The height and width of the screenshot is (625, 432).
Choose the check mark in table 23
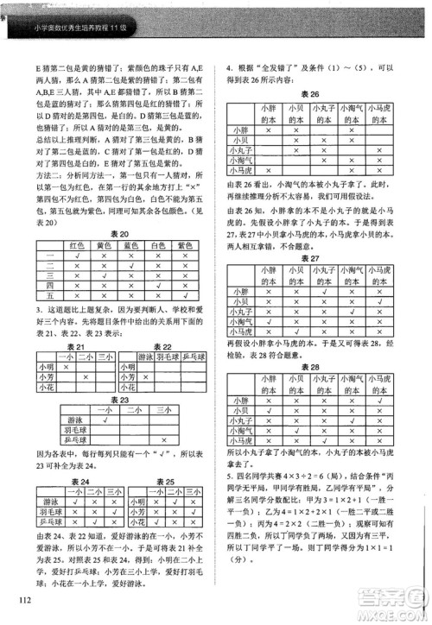(x=105, y=420)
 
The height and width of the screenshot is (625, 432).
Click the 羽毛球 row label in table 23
(x=72, y=430)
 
